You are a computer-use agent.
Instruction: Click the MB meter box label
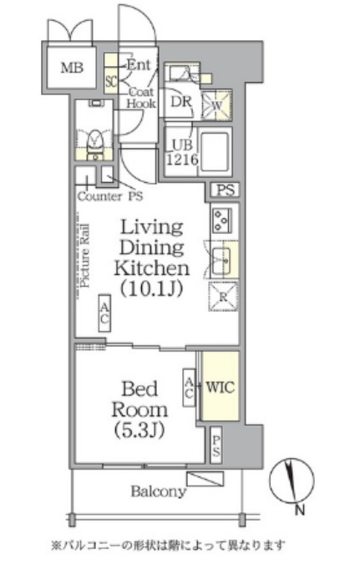72,68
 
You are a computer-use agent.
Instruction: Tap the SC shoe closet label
111,81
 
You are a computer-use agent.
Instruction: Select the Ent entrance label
139,65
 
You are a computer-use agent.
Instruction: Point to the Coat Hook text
141,98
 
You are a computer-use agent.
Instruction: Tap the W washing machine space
216,105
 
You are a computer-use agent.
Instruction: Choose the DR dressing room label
181,102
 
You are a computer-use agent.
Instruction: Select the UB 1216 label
182,152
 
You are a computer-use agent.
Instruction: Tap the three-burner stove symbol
221,221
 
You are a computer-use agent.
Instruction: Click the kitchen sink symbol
221,261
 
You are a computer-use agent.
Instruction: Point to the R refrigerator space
223,297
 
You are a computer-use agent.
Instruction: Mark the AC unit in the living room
104,313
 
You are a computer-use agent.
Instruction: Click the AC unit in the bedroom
189,388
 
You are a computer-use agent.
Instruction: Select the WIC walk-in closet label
220,387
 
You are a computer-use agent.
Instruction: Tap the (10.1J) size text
151,288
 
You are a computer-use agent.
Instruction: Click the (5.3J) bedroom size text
139,430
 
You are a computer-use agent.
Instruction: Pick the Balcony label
159,491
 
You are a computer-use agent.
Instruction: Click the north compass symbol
292,480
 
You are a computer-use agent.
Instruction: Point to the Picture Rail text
85,256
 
